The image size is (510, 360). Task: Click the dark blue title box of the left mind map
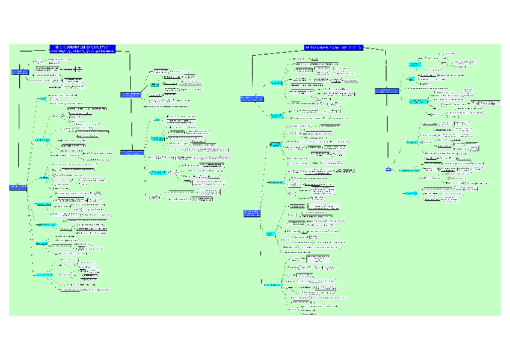pos(82,49)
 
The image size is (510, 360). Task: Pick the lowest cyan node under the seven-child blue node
pos(44,275)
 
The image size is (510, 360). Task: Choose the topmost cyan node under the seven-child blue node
pos(43,98)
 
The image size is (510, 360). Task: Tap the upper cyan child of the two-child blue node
pos(276,82)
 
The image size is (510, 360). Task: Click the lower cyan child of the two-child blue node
pos(276,115)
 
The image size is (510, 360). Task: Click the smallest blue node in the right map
pos(389,170)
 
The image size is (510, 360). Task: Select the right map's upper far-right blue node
pos(387,91)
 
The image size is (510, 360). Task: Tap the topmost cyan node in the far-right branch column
pos(414,63)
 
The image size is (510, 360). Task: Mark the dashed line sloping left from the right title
pos(277,51)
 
